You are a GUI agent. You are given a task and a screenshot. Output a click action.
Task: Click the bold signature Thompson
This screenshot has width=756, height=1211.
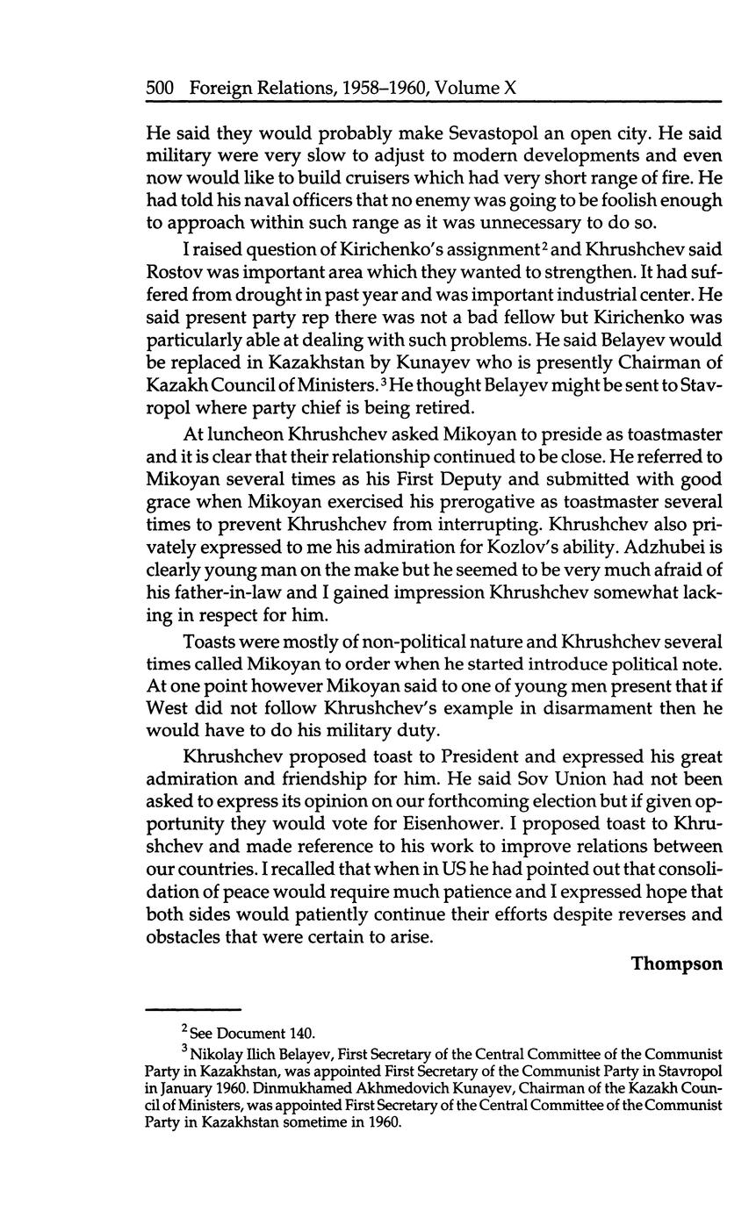(676, 964)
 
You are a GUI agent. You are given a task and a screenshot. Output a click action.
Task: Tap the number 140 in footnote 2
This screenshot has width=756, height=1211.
(301, 1033)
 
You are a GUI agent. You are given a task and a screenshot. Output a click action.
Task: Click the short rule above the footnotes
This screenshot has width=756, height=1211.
(192, 1008)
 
